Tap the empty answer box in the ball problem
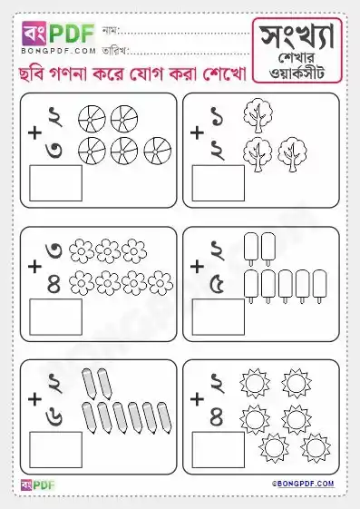pos(55,182)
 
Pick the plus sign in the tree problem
pos(196,133)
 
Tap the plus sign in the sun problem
pos(196,398)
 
